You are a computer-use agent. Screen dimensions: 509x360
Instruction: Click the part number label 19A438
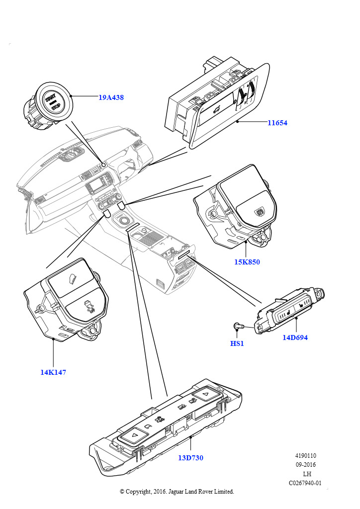[110, 98]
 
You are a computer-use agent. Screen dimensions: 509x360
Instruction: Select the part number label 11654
[277, 123]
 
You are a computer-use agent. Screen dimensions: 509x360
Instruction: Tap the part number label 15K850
[247, 262]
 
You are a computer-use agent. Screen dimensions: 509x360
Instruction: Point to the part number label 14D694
[295, 338]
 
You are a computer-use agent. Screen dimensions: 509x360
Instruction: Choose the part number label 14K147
[53, 372]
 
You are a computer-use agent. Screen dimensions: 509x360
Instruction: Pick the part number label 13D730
[190, 458]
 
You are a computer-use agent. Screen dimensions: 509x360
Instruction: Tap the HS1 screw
[238, 326]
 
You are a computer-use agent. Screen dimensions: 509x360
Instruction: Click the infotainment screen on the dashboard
[96, 187]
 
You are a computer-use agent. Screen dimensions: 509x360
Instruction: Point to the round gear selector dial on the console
[123, 219]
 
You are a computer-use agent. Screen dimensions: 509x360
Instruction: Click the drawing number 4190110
[306, 456]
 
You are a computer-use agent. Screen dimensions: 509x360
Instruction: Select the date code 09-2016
[306, 465]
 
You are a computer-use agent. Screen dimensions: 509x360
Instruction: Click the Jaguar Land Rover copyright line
[177, 492]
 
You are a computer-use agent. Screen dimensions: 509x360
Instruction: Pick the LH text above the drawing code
[307, 474]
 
